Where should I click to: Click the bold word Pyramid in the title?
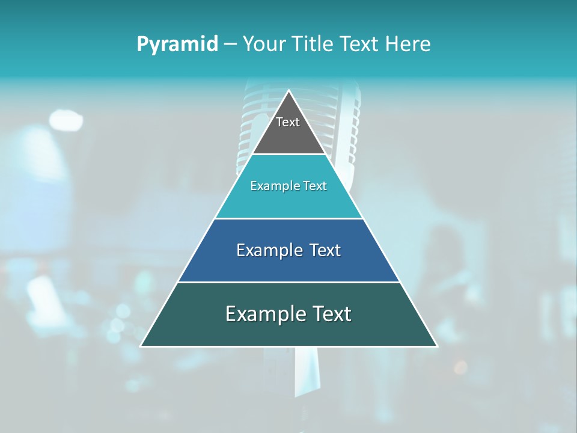pos(177,45)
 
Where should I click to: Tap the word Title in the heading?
pos(315,45)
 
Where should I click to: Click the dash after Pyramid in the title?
pos(230,45)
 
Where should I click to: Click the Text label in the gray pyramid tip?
pos(288,122)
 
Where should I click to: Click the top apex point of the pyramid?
pos(288,91)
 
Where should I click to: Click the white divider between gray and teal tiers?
pos(288,155)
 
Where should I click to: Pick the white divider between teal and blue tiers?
pos(288,218)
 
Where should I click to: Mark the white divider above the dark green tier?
pos(288,282)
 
